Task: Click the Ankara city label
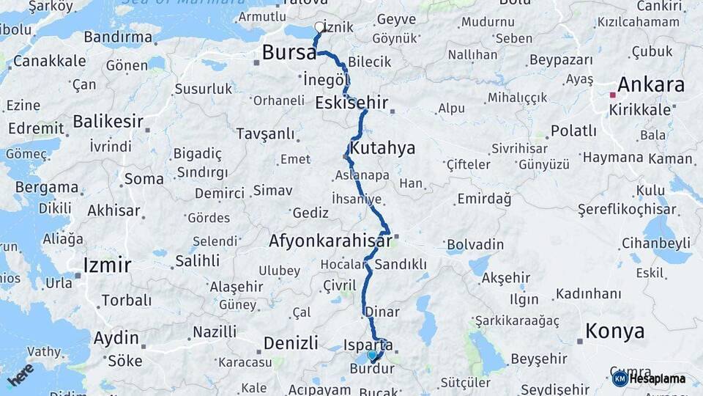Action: (650, 84)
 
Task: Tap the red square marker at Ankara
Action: (613, 95)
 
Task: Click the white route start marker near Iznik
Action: (319, 27)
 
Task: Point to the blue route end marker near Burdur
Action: (372, 356)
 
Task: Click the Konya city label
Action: (615, 331)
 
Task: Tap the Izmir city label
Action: (107, 265)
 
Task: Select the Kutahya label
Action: (382, 148)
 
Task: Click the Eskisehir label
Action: (351, 103)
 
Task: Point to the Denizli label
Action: (291, 342)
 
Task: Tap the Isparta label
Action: (368, 344)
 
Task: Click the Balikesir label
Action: (108, 121)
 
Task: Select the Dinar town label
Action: (382, 311)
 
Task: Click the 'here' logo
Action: (21, 374)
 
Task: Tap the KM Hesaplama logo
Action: (649, 378)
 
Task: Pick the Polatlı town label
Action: (573, 131)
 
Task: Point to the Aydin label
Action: (116, 338)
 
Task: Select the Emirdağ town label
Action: (484, 199)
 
